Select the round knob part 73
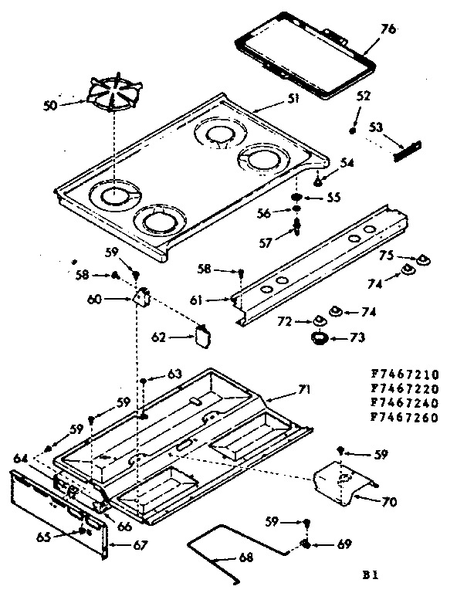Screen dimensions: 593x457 click(319, 337)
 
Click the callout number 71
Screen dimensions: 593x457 click(304, 390)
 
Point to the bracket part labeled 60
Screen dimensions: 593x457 click(141, 295)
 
